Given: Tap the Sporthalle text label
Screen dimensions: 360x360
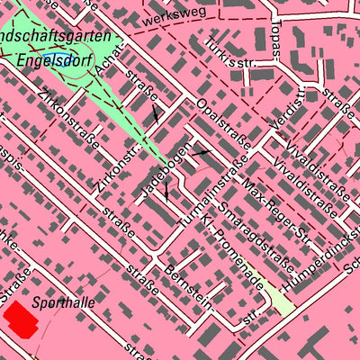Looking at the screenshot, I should pyautogui.click(x=62, y=304).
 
